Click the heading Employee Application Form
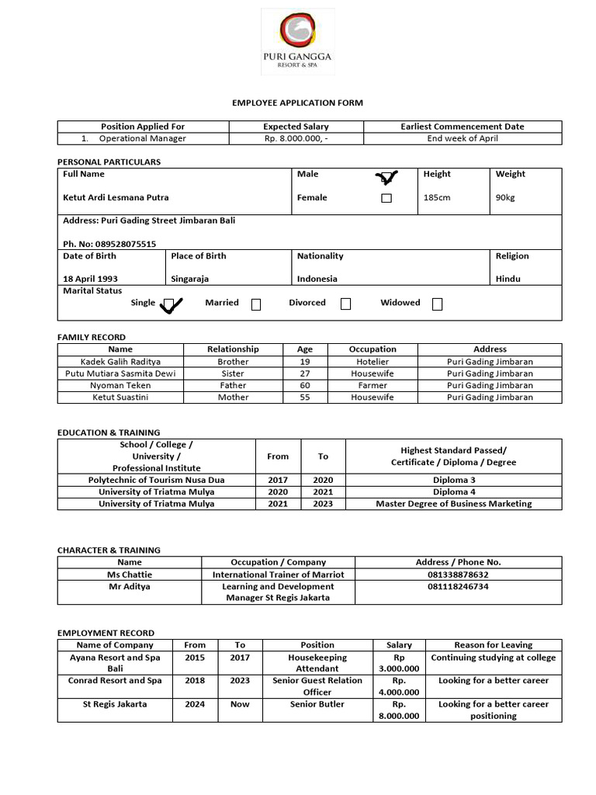(298, 102)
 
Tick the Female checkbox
(386, 198)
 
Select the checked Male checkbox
(386, 178)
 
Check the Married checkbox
(256, 304)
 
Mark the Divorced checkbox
(345, 304)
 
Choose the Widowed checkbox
(437, 304)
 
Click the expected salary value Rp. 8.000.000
(296, 138)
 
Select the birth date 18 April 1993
(91, 279)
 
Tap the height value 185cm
(437, 198)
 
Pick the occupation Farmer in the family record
(372, 385)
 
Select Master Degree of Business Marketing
(454, 504)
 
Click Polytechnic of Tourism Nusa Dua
(156, 480)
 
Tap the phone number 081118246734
(458, 587)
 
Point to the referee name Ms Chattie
(130, 575)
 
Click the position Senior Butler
(317, 704)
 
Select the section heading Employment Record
(106, 633)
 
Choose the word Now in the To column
(240, 704)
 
